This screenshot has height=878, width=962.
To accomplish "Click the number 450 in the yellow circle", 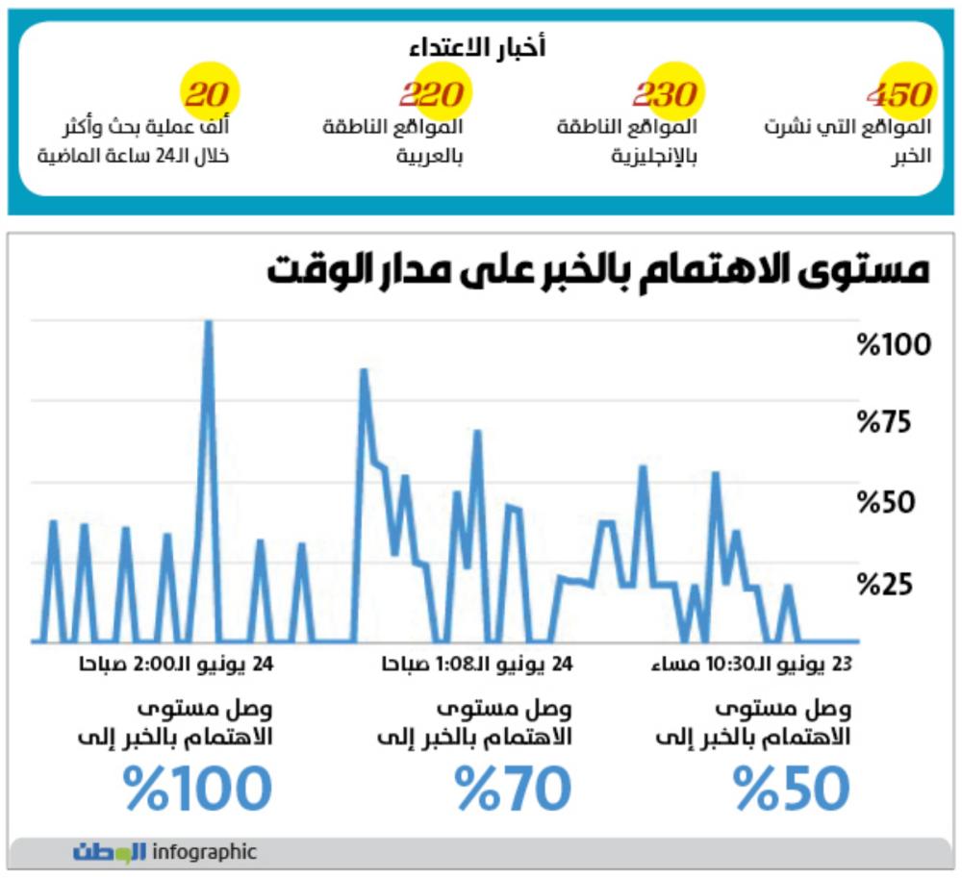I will click(900, 93).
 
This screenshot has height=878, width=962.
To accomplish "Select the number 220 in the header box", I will click(433, 93).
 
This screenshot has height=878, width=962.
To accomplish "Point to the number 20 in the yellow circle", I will click(207, 93).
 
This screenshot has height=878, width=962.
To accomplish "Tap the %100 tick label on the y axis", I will click(895, 344).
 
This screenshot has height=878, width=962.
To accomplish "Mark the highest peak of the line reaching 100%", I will click(208, 324).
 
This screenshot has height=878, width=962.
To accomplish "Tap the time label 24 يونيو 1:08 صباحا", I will click(477, 665).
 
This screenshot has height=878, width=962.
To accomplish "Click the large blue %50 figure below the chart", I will click(793, 789).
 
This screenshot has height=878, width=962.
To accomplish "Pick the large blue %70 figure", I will click(514, 789).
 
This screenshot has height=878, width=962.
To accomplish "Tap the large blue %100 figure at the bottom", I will click(198, 789).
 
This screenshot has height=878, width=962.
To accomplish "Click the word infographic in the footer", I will click(205, 852).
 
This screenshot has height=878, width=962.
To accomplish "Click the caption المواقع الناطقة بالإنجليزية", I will click(628, 139).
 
